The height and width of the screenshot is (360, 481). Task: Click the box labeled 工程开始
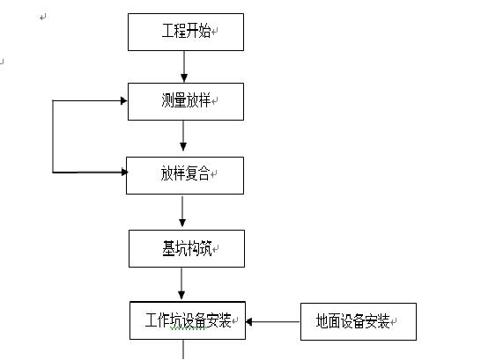coord(185,32)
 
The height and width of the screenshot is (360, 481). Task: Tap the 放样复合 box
coord(184,174)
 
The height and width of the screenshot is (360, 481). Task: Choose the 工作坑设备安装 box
coord(187,321)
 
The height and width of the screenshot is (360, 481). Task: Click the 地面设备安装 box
coord(358,321)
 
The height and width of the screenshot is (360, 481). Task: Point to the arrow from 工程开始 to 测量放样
coord(184,66)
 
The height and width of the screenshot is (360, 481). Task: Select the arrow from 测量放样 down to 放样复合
coord(183,137)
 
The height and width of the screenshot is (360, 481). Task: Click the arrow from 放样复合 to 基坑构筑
coord(182,211)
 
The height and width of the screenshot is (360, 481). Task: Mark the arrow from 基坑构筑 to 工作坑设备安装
coord(182,283)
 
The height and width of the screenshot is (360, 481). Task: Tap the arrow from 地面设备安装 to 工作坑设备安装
coord(273,322)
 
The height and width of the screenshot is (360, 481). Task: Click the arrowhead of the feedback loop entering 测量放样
coord(123,100)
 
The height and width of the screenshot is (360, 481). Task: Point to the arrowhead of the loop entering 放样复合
coord(122,172)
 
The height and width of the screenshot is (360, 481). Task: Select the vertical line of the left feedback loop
coord(53,136)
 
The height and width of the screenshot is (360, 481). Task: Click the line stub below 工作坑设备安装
coord(183,350)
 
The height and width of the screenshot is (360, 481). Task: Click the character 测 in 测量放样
coord(167,101)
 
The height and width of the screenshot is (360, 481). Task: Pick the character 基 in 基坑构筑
coord(168,248)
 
